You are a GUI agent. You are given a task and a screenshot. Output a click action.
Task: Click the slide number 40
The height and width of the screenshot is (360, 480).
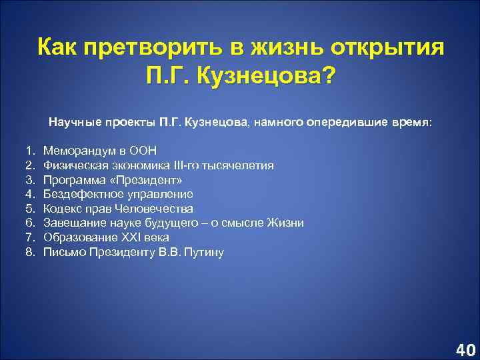click(x=465, y=349)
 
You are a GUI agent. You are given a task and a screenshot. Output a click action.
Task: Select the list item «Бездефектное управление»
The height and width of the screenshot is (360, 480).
click(x=118, y=193)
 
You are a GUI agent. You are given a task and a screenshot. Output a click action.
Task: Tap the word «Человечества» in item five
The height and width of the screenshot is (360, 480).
click(x=161, y=208)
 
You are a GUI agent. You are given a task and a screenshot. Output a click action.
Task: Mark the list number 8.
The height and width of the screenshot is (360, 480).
click(x=30, y=252)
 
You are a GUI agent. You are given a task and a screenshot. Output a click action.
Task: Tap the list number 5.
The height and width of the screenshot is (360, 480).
click(x=30, y=208)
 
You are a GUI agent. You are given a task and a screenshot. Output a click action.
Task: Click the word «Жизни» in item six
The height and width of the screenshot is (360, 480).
click(x=286, y=223)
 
